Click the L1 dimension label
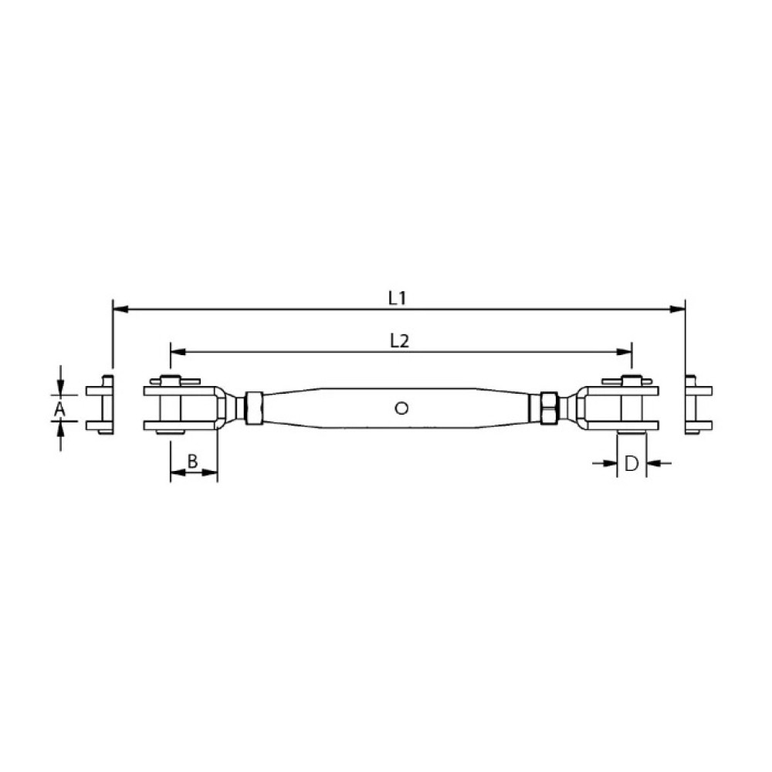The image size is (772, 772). [x=397, y=298]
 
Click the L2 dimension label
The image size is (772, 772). [x=399, y=340]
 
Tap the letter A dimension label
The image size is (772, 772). [x=59, y=408]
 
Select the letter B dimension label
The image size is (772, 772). [x=192, y=462]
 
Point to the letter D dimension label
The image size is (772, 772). [x=631, y=463]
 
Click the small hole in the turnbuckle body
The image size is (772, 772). [x=401, y=408]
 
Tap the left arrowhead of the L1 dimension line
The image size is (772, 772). [x=120, y=310]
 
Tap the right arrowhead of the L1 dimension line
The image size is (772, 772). [x=678, y=310]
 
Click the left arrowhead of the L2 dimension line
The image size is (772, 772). [x=178, y=352]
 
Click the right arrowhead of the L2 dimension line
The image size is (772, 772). [x=623, y=352]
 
